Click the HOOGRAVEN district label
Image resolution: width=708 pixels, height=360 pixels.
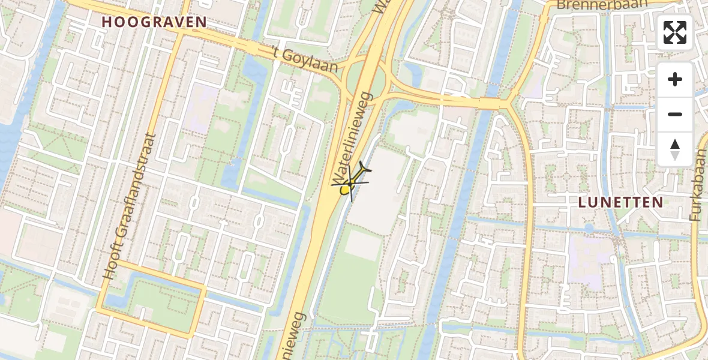154,22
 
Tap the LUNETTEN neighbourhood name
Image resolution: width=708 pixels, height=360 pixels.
620,202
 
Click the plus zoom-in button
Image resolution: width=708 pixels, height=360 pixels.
675,79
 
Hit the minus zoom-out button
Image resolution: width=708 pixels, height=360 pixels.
675,114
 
